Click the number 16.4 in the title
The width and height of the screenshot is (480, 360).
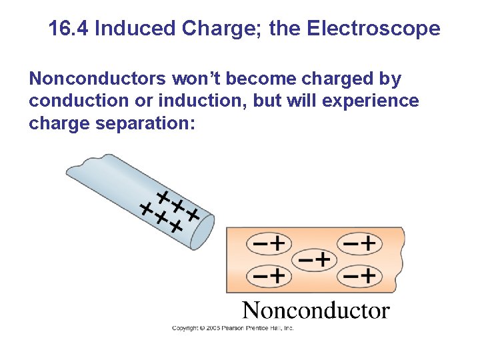click(x=69, y=29)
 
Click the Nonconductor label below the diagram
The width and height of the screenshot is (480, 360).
click(x=315, y=311)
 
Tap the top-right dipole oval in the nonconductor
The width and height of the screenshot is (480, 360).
click(x=360, y=243)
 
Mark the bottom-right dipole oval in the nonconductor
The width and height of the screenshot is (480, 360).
click(x=360, y=274)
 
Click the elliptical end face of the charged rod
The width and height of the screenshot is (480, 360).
click(x=203, y=233)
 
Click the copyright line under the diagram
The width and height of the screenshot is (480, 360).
click(x=233, y=328)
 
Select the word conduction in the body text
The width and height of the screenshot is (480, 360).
click(x=73, y=101)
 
